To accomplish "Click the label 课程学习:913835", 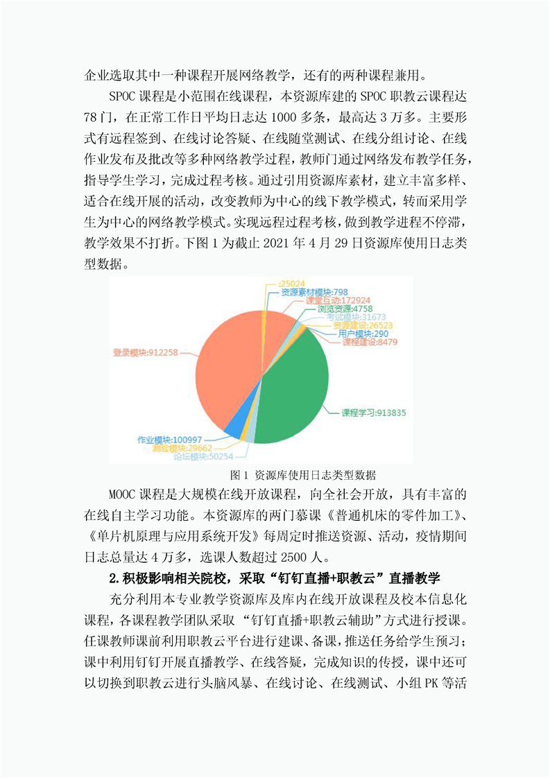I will pyautogui.click(x=373, y=413).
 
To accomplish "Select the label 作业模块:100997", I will pyautogui.click(x=170, y=440).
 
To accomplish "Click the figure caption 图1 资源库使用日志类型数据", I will pyautogui.click(x=302, y=475).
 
